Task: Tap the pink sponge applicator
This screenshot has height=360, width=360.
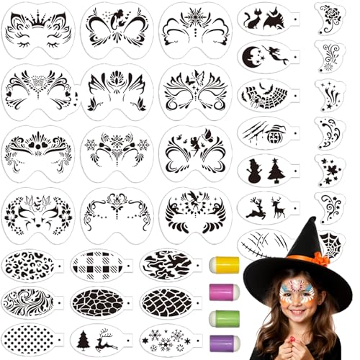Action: (223, 292)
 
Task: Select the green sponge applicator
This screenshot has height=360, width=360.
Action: (223, 317)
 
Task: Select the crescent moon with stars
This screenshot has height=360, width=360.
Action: (250, 56)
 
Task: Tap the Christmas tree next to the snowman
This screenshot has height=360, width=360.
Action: (278, 171)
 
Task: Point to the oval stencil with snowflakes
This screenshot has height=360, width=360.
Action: (164, 337)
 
